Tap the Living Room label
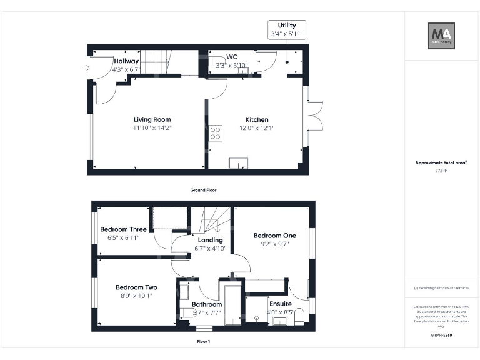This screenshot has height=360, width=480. pos(152,119)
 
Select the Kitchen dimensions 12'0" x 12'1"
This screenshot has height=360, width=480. pos(256,128)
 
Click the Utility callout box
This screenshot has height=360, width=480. pos(287,29)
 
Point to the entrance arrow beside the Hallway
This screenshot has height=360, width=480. pos(85,67)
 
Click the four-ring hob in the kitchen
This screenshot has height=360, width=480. pos(216,132)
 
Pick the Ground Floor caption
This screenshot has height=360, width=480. pos(203,189)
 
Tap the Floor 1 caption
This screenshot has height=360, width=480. pos(203,342)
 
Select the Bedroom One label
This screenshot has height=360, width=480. pos(274,236)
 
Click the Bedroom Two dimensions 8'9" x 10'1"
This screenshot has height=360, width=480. pos(136,296)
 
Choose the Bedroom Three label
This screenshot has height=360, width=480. pos(123,229)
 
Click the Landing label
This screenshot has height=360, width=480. pos(210,240)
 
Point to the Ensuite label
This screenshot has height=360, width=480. pos(280,304)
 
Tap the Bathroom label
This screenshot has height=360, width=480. pos(207,304)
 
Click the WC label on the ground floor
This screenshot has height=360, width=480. pos(232,57)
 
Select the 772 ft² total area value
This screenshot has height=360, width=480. pos(441,170)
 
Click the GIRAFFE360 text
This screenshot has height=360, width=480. pos(441,336)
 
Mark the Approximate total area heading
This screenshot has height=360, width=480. pos(441,162)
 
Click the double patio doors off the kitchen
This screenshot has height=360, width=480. pos(314,115)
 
